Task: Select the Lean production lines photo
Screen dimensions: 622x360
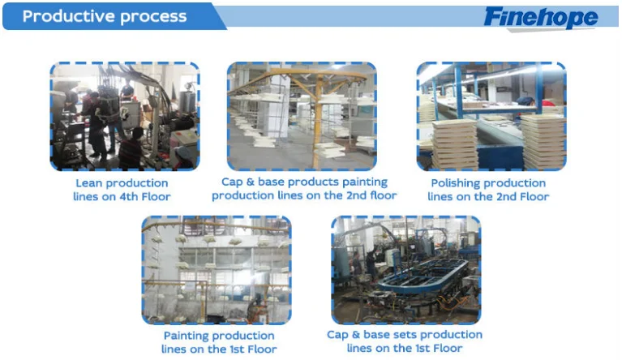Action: click(x=124, y=117)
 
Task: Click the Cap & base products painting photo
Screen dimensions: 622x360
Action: click(x=301, y=117)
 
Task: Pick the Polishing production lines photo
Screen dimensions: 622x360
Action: click(x=491, y=117)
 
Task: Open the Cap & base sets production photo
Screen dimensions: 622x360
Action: click(x=405, y=269)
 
